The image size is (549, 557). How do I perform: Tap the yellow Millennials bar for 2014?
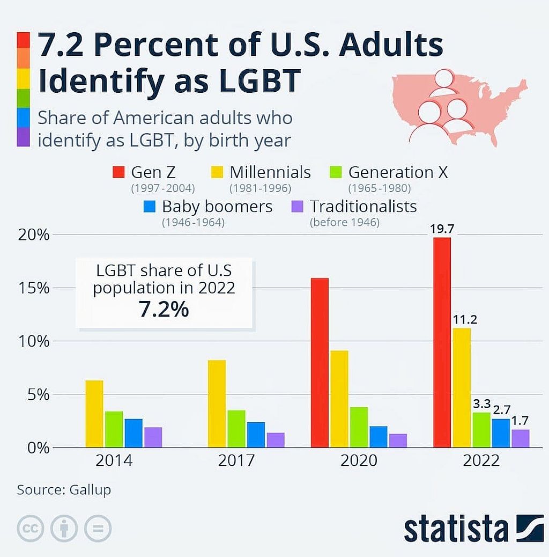pos(94,414)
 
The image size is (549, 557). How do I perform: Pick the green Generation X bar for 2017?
pos(236,429)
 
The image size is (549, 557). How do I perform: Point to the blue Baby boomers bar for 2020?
pos(378,437)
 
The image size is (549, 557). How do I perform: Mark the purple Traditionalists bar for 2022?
pos(520,438)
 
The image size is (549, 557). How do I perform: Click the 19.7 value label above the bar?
pos(442,229)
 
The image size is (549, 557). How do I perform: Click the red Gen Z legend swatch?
pos(118,172)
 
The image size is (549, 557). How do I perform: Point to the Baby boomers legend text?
pos(217,206)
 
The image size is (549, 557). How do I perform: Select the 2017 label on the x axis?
pos(236,461)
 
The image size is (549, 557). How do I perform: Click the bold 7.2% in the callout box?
pos(164,310)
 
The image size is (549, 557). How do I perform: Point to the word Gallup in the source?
pos(90,490)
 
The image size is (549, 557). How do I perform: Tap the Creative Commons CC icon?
pos(30,529)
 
